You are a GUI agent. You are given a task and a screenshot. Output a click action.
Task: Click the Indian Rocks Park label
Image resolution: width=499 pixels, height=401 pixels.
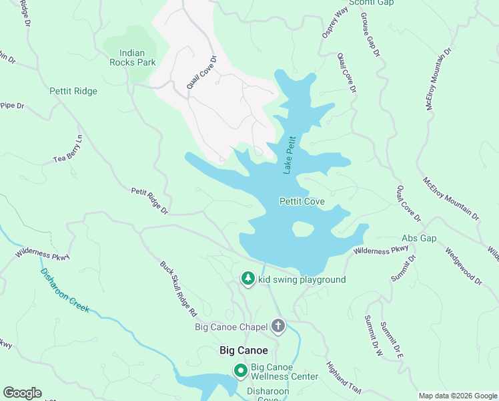[x=133, y=57]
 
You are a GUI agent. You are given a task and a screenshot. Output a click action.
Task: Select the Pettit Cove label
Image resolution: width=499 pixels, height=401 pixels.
[x=302, y=201]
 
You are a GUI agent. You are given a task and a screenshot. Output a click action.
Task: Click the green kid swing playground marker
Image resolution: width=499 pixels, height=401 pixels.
[x=248, y=278]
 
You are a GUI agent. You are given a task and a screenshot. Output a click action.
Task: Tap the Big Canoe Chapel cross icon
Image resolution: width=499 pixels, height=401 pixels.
[x=278, y=326]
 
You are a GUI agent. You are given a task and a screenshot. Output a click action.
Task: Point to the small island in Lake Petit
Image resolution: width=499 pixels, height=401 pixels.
[x=302, y=229]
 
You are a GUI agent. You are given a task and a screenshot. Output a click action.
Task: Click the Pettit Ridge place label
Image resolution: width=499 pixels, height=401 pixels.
[x=73, y=92]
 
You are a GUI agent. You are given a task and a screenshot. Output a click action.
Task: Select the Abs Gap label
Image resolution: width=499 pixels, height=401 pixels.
[x=419, y=238]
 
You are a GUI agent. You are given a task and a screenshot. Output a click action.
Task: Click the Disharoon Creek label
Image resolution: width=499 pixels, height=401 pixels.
[x=65, y=291]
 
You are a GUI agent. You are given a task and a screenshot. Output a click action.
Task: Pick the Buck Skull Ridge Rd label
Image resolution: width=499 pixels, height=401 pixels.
[x=179, y=288]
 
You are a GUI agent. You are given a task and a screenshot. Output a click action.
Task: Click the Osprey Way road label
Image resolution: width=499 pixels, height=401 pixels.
[x=335, y=23]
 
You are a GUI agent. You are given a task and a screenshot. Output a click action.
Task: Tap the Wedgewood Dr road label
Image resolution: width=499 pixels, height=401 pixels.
[x=463, y=267]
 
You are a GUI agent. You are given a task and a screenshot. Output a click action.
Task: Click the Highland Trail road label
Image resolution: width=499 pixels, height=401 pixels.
[x=344, y=378]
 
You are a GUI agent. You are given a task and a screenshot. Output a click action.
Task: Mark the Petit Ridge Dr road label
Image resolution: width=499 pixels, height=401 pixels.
[x=149, y=200]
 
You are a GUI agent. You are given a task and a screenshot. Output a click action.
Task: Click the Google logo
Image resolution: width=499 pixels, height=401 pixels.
[x=22, y=393]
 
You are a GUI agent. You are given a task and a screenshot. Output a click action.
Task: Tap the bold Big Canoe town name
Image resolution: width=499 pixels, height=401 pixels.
[x=243, y=350]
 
